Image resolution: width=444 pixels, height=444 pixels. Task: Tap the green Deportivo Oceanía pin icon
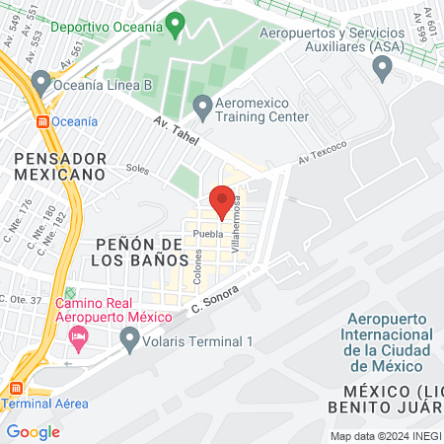click(176, 23)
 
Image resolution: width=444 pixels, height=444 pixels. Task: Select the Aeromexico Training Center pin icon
click(202, 104)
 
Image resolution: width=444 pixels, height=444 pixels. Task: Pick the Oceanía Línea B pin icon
click(40, 80)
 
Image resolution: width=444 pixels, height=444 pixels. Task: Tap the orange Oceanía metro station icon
click(42, 121)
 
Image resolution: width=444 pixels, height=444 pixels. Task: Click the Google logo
click(33, 431)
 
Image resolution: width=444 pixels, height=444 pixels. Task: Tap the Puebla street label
click(208, 234)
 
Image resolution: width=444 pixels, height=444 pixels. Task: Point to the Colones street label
click(197, 264)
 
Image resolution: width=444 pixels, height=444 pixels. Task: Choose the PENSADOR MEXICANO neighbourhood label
click(59, 165)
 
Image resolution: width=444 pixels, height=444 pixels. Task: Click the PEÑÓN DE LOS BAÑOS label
click(142, 251)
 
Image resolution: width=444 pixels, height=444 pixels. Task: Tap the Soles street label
click(137, 169)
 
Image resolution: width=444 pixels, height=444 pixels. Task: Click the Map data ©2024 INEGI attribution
click(385, 435)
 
